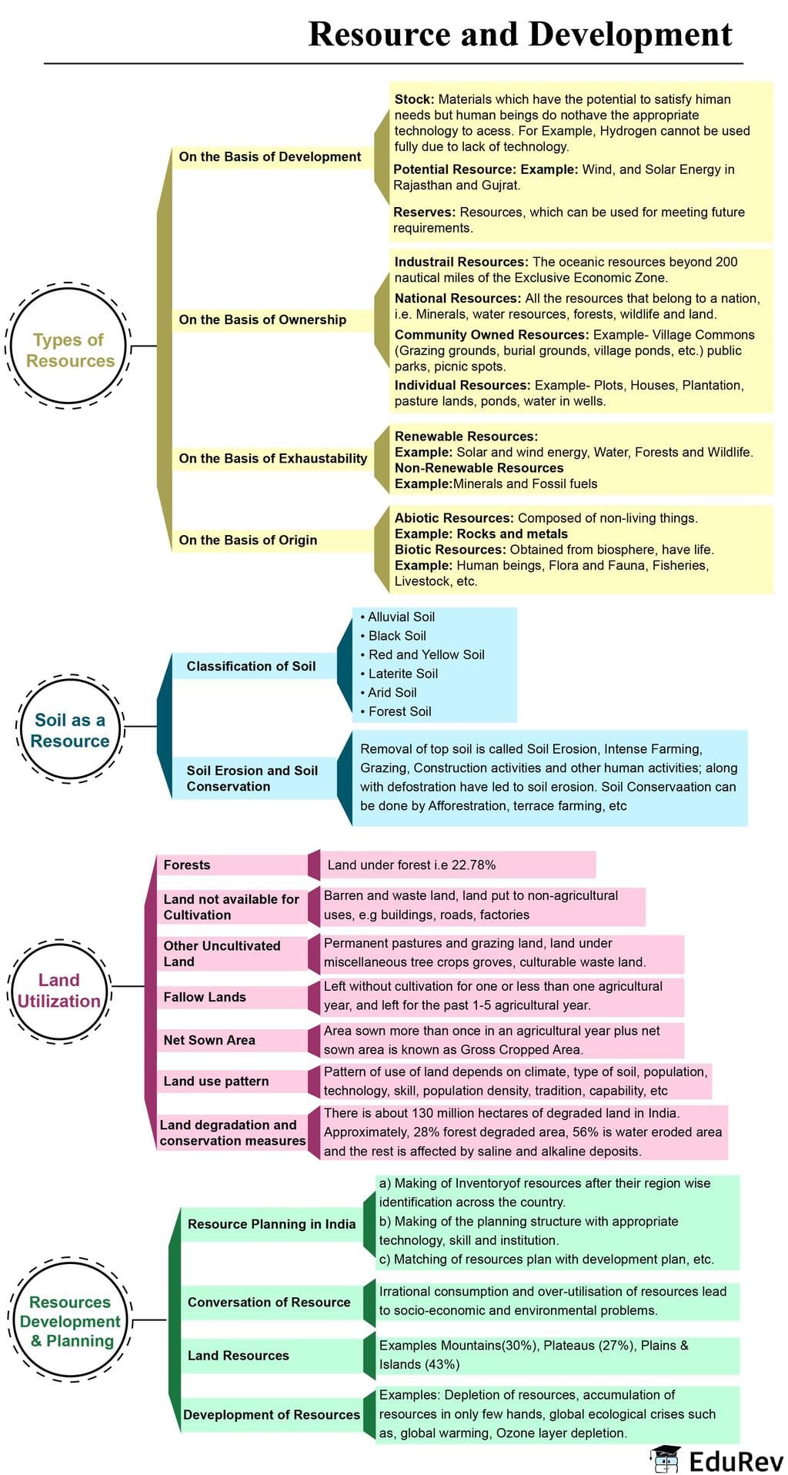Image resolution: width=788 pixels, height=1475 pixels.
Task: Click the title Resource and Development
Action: [520, 35]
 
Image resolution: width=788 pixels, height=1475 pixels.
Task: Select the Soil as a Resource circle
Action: [69, 730]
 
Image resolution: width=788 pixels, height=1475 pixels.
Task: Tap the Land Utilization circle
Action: [59, 990]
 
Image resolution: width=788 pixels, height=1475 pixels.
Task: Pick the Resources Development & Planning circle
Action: [70, 1321]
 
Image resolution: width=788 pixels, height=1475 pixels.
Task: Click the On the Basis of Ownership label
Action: [262, 319]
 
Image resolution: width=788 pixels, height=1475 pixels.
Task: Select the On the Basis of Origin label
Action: [248, 540]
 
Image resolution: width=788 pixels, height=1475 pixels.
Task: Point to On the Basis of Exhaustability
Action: [272, 458]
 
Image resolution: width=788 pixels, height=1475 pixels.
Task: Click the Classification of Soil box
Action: [251, 666]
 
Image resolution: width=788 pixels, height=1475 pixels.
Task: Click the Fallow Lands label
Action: [205, 997]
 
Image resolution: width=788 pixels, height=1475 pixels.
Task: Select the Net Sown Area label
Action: [209, 1040]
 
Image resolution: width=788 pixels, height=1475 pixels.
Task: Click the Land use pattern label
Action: [216, 1081]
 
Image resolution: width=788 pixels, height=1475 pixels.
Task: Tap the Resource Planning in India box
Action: [272, 1224]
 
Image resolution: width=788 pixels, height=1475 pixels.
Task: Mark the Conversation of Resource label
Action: [269, 1302]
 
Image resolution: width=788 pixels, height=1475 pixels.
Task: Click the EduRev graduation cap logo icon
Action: [665, 1457]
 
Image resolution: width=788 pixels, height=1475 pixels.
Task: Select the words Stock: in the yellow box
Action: [414, 99]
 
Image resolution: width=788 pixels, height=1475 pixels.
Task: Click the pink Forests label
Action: [187, 865]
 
